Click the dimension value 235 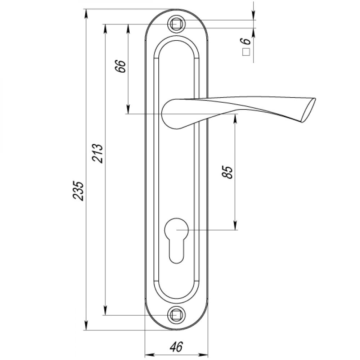coord(78,191)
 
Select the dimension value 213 coord(97,153)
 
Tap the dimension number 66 coord(121,66)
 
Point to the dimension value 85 coord(227,172)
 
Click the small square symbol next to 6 coord(246,52)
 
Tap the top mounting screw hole coord(176,24)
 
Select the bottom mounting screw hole coord(176,315)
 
